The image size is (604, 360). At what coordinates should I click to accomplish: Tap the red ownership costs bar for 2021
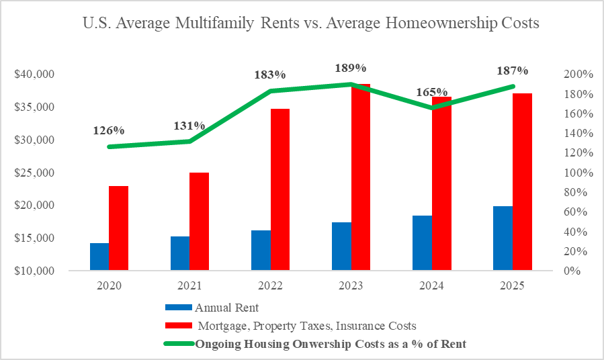point(199,222)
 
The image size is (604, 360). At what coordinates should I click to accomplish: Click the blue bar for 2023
point(341,246)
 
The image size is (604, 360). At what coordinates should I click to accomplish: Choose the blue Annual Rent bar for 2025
point(503,238)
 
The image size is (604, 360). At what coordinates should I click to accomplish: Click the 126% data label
point(109,130)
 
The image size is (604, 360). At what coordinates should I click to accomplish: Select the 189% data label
point(351,68)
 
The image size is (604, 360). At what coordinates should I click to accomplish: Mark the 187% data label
point(512,71)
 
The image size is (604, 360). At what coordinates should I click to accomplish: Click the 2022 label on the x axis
point(270,285)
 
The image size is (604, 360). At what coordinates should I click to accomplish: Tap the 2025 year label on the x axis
point(512,285)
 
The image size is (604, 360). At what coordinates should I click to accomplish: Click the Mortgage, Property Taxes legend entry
point(307,326)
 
